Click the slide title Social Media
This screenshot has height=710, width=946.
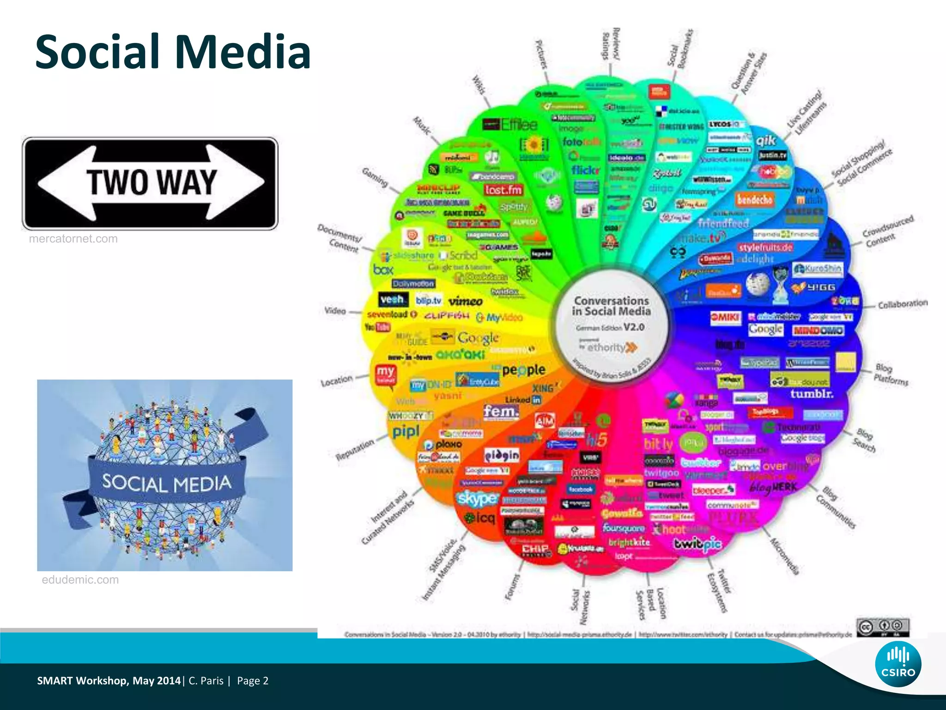point(173,52)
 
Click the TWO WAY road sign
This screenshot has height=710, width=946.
point(150,183)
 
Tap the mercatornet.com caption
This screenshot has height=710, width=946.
point(73,239)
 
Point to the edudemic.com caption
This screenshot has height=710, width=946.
point(80,580)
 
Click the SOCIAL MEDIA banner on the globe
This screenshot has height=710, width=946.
point(166,483)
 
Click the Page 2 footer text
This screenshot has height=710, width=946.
point(253,681)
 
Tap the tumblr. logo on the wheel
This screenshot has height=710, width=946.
point(812,394)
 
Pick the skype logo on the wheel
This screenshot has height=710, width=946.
point(477,498)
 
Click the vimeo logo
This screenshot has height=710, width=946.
point(466,301)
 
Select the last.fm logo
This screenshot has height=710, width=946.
point(503,190)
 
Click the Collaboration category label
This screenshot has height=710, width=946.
point(903,304)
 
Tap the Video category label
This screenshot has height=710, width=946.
point(335,311)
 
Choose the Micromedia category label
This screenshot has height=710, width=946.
point(784,556)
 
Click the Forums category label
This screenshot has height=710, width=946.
point(512,587)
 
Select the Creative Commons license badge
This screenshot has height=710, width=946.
point(882,627)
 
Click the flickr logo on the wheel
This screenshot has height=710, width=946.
point(585,171)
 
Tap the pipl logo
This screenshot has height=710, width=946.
point(406,432)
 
